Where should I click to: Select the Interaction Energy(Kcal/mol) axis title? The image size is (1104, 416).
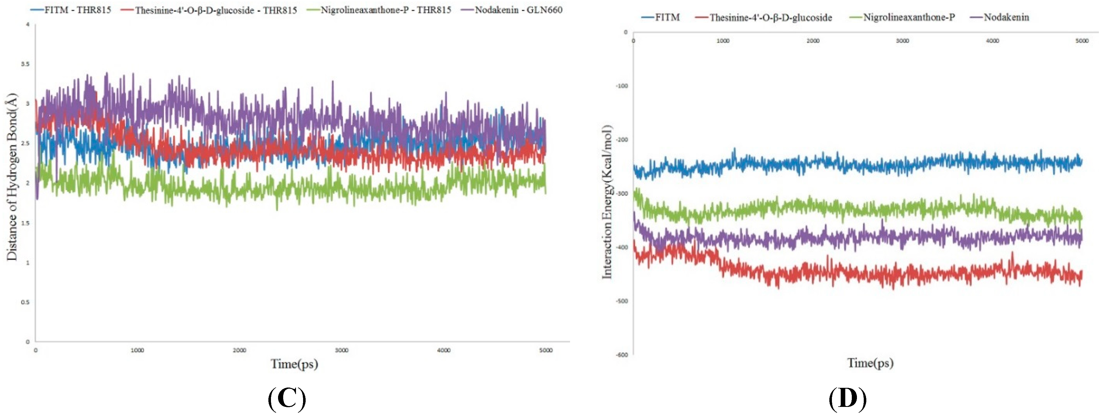pos(607,201)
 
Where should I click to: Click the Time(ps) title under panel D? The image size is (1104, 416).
pos(870,363)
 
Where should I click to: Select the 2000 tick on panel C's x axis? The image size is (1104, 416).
pos(239,350)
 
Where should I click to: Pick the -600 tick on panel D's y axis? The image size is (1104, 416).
pos(622,355)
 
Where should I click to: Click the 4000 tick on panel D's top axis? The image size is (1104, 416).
pos(992,41)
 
